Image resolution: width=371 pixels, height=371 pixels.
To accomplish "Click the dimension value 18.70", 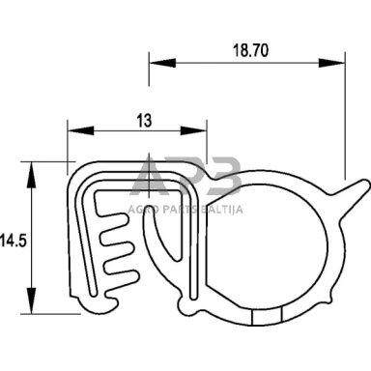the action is click(250, 51).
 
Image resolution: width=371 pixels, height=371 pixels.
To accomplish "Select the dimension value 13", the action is click(144, 121).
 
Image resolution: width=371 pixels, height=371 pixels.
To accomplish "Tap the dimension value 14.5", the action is click(14, 241).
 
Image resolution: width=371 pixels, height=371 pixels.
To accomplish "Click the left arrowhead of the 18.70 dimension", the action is click(162, 63).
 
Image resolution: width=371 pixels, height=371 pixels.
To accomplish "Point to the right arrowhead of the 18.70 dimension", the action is click(331, 63).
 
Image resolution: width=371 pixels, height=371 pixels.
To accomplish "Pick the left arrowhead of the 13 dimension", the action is click(80, 130).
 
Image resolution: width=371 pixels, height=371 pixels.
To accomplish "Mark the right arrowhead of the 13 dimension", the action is click(193, 130).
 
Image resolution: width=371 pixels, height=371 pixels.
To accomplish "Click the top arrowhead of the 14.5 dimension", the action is click(31, 175).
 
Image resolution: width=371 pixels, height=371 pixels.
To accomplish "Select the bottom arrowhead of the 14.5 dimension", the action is click(31, 300).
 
